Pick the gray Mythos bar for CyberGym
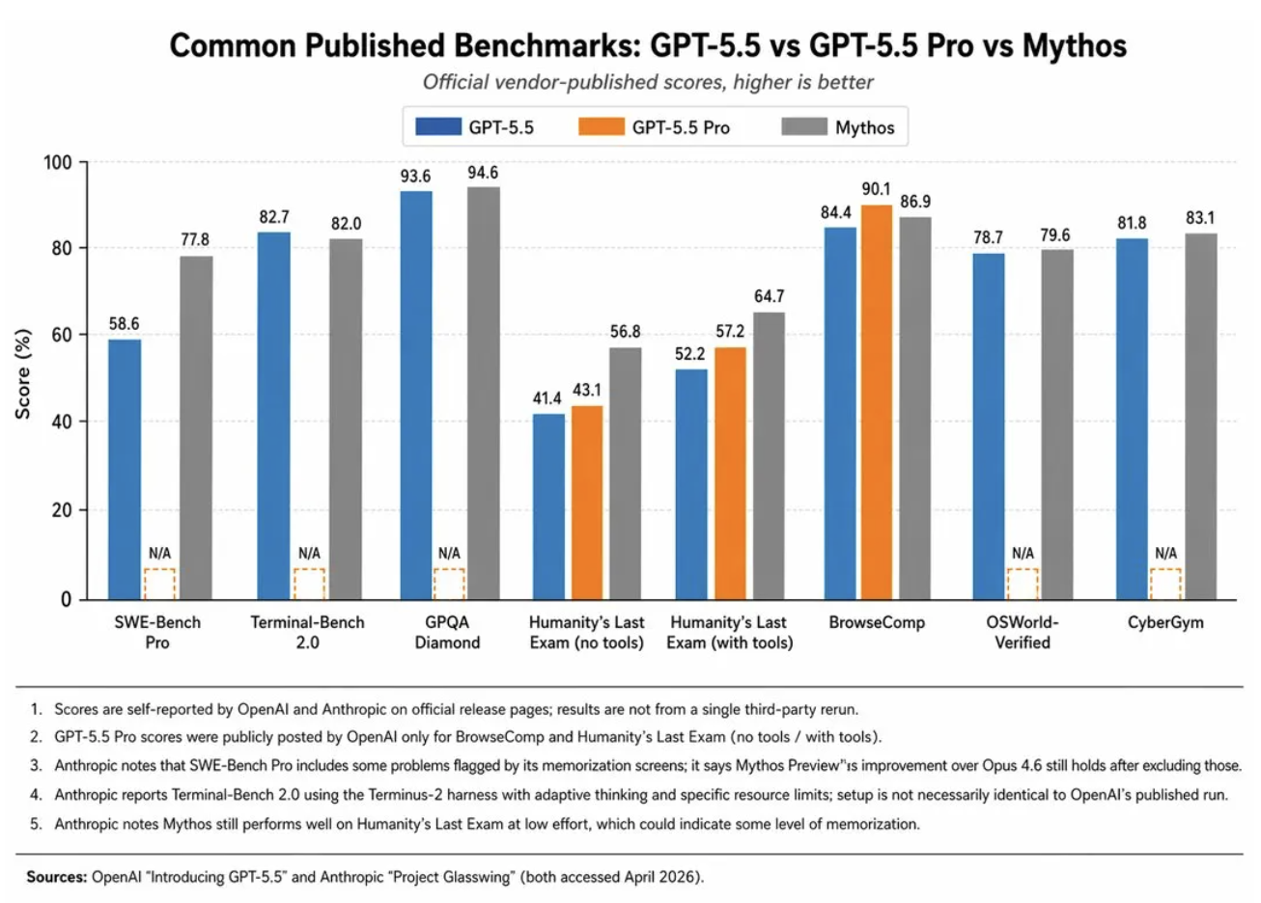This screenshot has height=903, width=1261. [x=1200, y=416]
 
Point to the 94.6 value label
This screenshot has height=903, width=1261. [x=483, y=173]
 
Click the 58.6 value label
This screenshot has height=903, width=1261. [x=124, y=324]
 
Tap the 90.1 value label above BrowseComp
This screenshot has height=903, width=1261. [x=876, y=190]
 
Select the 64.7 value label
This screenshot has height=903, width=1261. [x=769, y=297]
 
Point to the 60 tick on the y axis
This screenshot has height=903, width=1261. [x=61, y=335]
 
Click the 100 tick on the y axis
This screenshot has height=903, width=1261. [x=57, y=162]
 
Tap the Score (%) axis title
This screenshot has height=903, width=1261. [x=23, y=374]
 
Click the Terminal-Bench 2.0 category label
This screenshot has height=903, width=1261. [x=307, y=632]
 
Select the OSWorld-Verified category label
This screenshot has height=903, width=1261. [x=1022, y=632]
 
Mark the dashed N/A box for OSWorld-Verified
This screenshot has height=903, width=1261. [x=1023, y=584]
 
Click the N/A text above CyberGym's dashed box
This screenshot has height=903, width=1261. [x=1165, y=554]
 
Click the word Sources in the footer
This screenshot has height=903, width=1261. [x=56, y=878]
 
